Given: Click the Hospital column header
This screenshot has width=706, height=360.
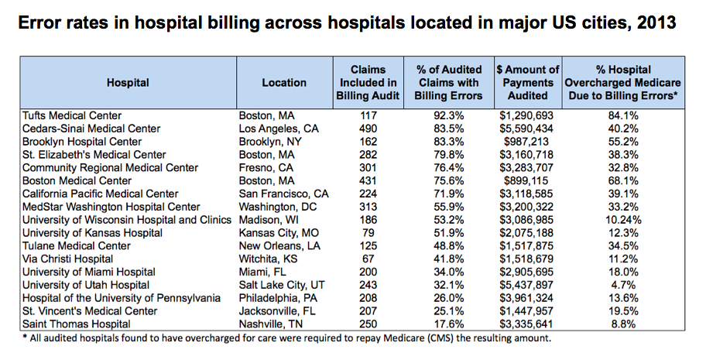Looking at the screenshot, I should (x=128, y=82).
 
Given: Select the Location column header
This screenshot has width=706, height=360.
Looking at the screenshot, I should (x=284, y=82).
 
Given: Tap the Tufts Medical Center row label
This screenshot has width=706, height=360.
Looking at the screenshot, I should (x=72, y=115).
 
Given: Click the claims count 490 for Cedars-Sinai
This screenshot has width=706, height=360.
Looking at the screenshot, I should (x=368, y=129).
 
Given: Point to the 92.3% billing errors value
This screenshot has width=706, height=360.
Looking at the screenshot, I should (x=450, y=115).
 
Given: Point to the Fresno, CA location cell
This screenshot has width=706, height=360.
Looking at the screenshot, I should (x=266, y=168).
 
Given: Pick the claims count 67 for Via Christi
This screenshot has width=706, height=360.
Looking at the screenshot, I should (x=368, y=259).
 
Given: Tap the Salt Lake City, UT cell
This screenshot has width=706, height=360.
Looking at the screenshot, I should (x=279, y=285).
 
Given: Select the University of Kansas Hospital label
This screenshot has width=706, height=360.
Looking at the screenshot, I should (x=81, y=233).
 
